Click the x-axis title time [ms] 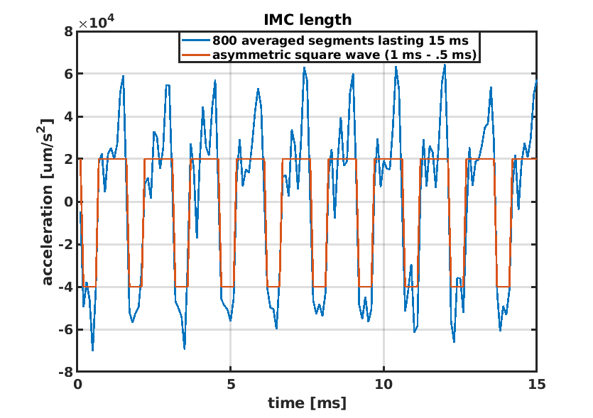pos(307,403)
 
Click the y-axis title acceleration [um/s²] pos(48,202)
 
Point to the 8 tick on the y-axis pos(68,31)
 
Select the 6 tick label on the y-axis pos(68,74)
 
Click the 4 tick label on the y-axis pos(68,116)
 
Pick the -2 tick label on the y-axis pos(65,245)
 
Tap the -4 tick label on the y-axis pos(65,287)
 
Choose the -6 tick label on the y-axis pos(65,330)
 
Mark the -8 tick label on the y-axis pos(65,373)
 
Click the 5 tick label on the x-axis pos(230,385)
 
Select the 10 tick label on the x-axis pos(383,385)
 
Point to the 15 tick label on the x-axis pos(536,385)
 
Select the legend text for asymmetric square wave pos(344,54)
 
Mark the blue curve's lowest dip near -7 pos(92,350)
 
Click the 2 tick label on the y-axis pos(68,159)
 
